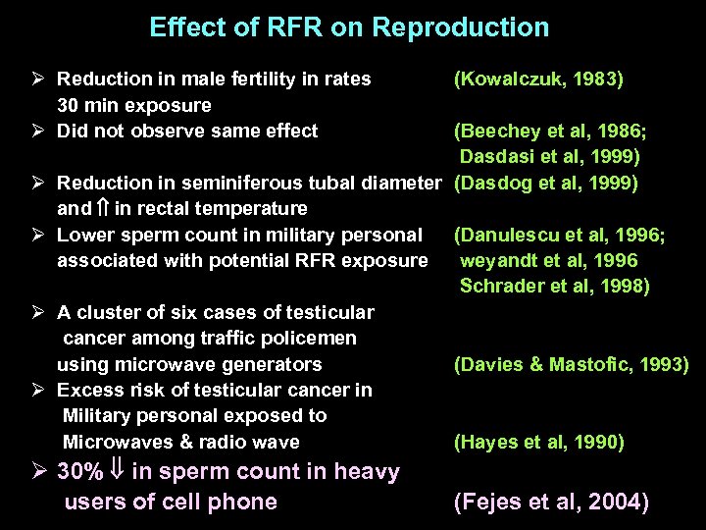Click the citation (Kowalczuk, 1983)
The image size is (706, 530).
click(537, 79)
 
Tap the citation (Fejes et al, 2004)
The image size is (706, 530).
click(550, 503)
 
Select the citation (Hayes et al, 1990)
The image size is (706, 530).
click(537, 442)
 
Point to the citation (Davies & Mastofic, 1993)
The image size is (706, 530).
click(571, 364)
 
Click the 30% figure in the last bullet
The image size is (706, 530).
click(80, 472)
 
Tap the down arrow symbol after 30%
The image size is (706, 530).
click(117, 472)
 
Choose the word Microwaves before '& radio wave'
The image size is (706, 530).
click(110, 442)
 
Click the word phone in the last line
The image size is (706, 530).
click(246, 503)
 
